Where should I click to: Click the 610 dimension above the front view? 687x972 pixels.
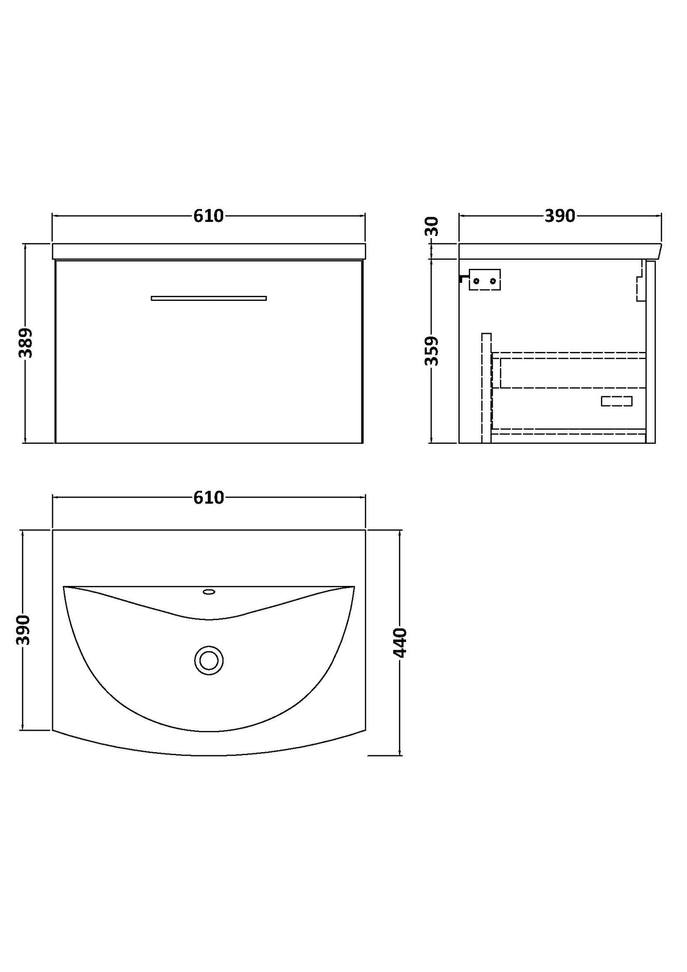[208, 216]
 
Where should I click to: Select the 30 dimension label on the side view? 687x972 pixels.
[433, 226]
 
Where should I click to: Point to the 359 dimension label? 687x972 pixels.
[433, 351]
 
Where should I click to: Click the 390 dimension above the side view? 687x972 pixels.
[560, 216]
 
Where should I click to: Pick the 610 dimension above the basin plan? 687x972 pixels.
[208, 497]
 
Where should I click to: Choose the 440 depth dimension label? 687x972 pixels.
[400, 643]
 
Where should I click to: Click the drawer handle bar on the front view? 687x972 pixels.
[209, 298]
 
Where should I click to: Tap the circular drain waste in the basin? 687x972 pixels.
[208, 660]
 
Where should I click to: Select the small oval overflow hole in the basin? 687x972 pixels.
[209, 592]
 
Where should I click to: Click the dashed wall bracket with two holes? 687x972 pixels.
[485, 280]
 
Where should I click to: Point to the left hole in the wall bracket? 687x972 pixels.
[476, 280]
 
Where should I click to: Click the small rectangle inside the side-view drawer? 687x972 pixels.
[617, 401]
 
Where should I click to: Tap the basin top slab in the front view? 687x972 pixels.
[208, 252]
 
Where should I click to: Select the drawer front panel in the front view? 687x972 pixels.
[209, 352]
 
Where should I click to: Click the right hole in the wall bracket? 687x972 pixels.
[493, 280]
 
